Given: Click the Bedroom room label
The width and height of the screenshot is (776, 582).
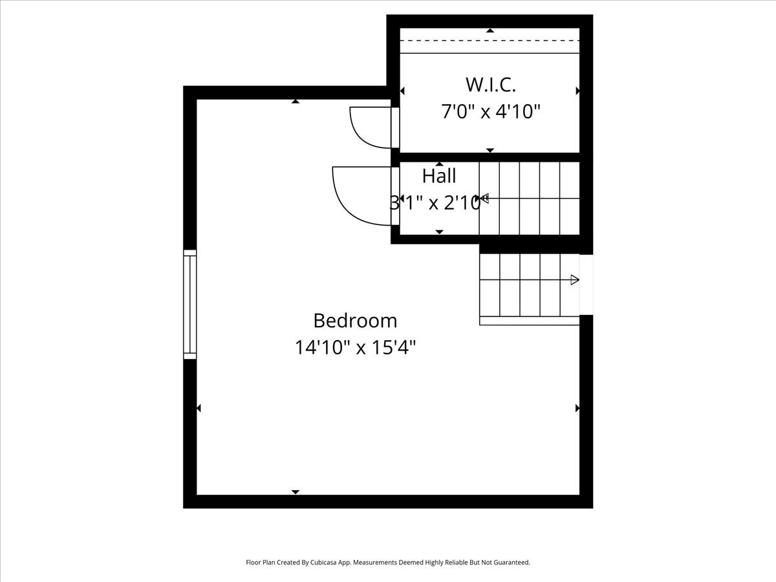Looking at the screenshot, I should [355, 321].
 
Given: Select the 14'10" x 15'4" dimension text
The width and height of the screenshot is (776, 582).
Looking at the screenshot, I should [355, 348].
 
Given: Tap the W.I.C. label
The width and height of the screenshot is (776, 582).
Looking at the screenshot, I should [491, 84].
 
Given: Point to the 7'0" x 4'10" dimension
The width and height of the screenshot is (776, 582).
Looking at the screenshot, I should [491, 112].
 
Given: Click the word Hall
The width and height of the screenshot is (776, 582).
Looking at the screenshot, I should [439, 176].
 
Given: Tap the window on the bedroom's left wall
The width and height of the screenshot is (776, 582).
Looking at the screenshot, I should [190, 305].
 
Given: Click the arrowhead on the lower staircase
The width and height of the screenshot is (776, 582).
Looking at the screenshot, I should [574, 280].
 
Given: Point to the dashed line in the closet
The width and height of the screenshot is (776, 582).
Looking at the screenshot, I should [490, 41].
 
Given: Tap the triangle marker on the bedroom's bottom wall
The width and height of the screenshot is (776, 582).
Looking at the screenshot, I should [296, 492].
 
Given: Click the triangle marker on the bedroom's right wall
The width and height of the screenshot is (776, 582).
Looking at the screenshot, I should [577, 408].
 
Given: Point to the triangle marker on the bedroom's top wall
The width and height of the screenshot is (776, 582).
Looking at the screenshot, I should [296, 102].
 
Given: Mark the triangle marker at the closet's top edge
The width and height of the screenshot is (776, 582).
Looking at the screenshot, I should [490, 30].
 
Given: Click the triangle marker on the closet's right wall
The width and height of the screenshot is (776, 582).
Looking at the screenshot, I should [577, 91].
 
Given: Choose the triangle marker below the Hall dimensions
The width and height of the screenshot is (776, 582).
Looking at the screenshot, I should [440, 232].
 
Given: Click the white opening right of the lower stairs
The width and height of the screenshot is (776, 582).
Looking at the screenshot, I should [586, 285].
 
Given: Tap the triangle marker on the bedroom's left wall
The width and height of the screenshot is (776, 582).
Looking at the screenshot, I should [199, 408].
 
